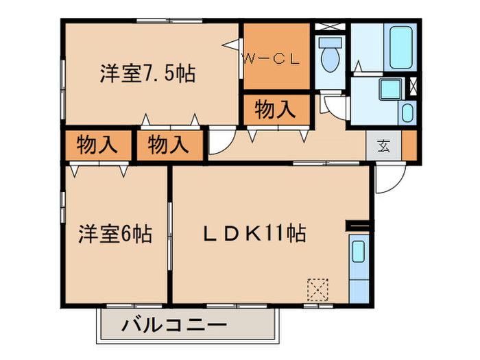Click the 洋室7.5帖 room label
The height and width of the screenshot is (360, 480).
pos(147,73)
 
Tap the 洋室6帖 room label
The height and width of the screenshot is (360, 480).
pos(114,234)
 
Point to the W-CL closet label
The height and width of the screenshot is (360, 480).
pos(272,59)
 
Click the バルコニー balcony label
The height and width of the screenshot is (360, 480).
pos(173,324)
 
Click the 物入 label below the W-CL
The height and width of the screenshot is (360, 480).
pos(275,109)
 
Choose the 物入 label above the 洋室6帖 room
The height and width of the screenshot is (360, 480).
pos(96,145)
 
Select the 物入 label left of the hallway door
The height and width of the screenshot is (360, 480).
pos(168,145)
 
